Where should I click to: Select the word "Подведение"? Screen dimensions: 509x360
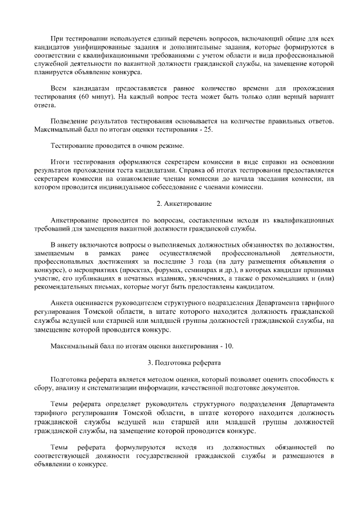pyautogui.click(x=70, y=121)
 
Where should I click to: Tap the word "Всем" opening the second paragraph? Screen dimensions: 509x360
pyautogui.click(x=60, y=89)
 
